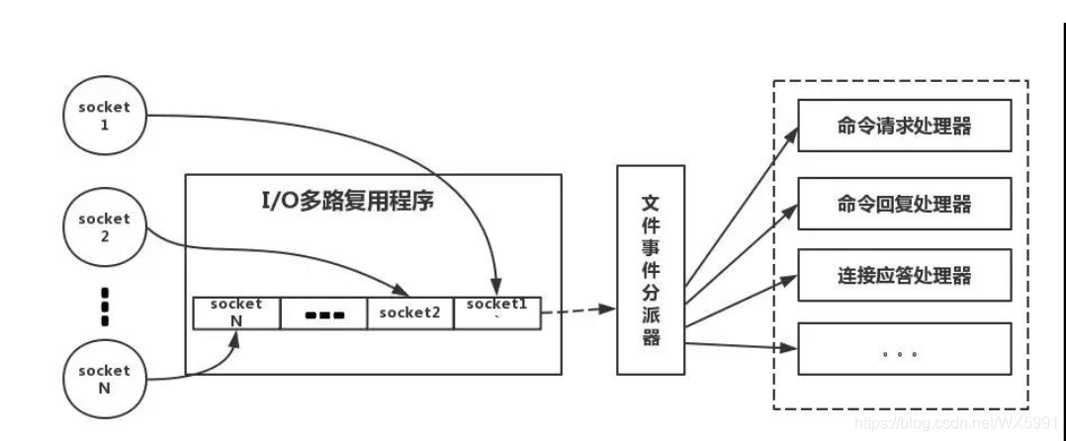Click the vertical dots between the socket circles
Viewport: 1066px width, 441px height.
[x=105, y=307]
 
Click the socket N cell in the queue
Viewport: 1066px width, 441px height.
[x=236, y=312]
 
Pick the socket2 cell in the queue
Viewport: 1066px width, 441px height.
[x=410, y=312]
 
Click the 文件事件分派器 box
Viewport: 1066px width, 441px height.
[x=651, y=270]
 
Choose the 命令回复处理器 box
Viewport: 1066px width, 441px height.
[x=904, y=203]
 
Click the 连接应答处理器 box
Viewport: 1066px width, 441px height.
[x=904, y=274]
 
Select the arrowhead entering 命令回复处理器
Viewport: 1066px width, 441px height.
[x=790, y=209]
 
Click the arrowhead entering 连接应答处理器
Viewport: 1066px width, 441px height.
[x=790, y=279]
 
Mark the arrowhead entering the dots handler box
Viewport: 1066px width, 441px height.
[x=790, y=347]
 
